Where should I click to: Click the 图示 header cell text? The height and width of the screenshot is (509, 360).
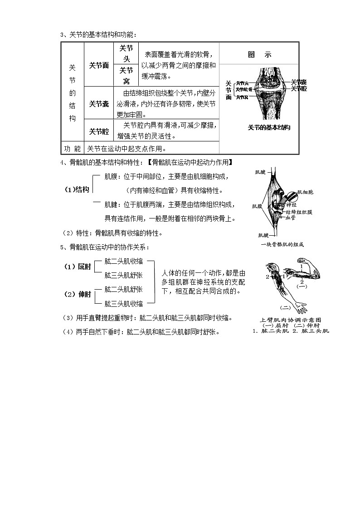click(259, 54)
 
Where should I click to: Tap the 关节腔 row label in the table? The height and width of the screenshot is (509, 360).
click(99, 131)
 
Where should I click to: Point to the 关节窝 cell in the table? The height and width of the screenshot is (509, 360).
click(126, 76)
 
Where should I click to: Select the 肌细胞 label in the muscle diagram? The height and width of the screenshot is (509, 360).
click(304, 192)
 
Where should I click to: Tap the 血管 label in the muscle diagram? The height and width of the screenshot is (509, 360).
click(290, 218)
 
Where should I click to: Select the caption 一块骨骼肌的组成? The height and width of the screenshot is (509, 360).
click(282, 245)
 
